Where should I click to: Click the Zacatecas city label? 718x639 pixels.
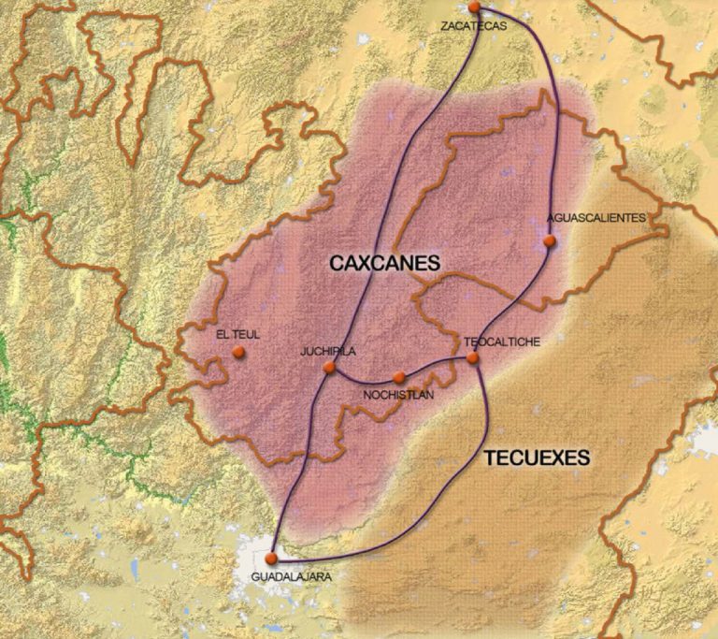pos(473,26)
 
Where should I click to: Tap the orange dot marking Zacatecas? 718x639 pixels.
pos(474,7)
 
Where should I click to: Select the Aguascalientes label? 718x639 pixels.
pos(596,217)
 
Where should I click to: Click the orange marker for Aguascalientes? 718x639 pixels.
pos(550,241)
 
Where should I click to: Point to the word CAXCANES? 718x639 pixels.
pos(384,264)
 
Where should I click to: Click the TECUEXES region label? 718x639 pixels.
pos(537,457)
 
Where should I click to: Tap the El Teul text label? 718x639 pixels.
pos(237,333)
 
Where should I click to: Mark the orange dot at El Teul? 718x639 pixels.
pos(238,353)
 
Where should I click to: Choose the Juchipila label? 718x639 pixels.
pos(328,352)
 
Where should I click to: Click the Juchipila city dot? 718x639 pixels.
pos(329,368)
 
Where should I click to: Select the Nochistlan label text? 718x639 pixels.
pos(399,395)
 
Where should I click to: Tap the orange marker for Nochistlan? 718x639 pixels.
pos(399,377)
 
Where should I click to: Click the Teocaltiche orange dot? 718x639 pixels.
pos(473,357)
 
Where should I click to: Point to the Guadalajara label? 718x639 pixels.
pos(291,576)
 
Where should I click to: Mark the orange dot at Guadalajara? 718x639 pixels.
pos(271,559)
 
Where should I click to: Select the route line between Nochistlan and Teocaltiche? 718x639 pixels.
pos(438,363)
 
